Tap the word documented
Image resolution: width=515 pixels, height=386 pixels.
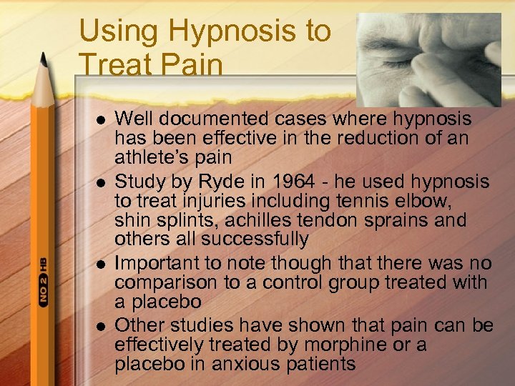tap(216, 117)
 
